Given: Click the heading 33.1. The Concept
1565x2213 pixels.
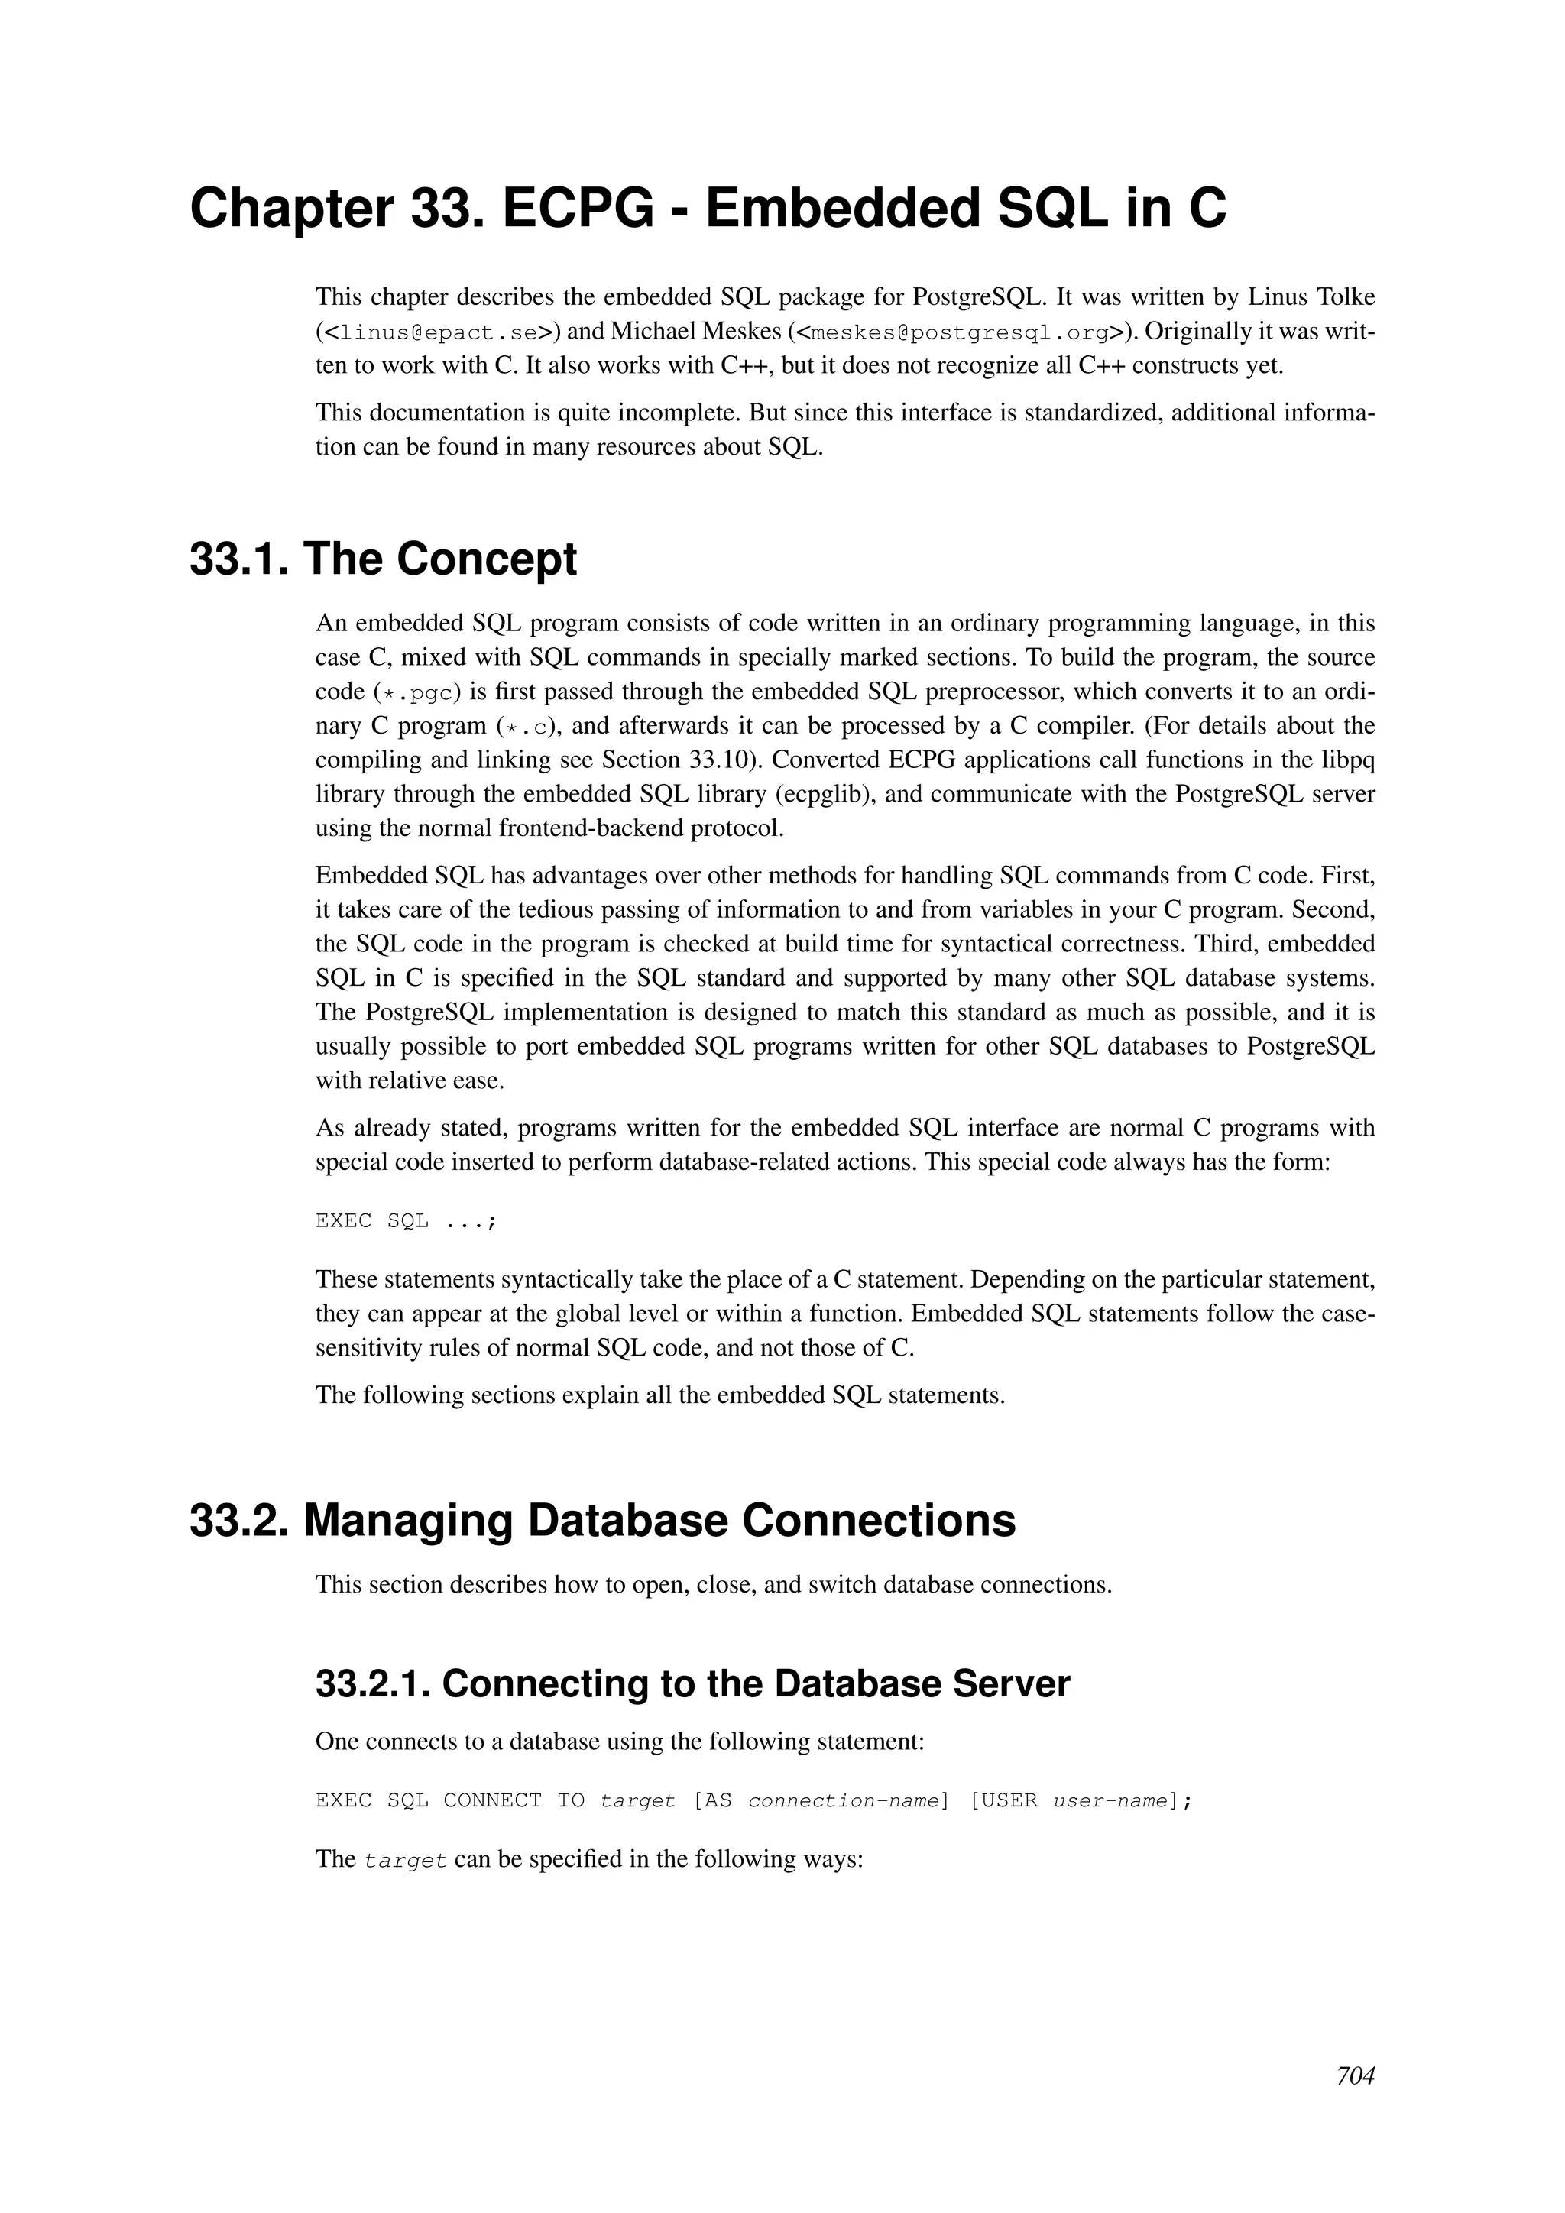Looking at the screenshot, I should [383, 559].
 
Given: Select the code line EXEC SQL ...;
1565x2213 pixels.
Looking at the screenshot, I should [406, 1221].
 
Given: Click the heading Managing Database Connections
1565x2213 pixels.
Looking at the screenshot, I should [659, 1521].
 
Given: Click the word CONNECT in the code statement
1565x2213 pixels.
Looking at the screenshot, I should [491, 1801].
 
